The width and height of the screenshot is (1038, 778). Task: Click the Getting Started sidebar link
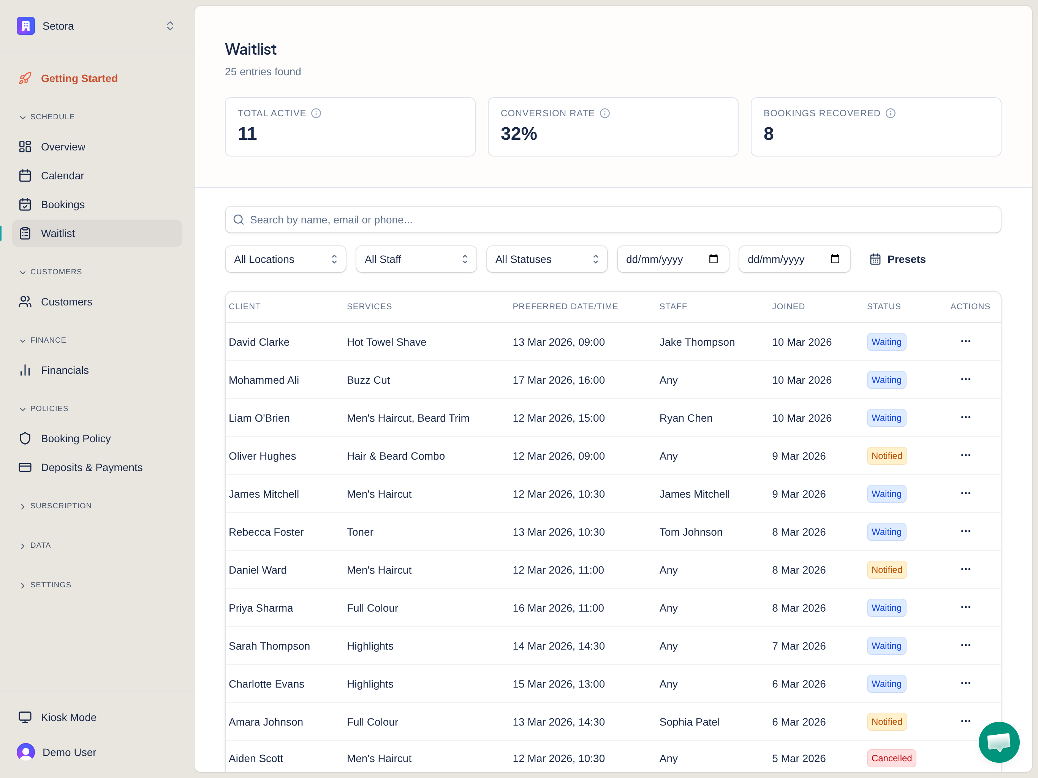pos(79,78)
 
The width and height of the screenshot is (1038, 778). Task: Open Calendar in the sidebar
pos(62,176)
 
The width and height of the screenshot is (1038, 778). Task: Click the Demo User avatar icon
pos(26,752)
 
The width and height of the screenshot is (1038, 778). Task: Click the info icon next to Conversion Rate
pos(605,113)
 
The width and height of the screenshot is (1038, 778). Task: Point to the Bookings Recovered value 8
pos(768,134)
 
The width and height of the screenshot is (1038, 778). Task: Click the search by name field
pos(612,220)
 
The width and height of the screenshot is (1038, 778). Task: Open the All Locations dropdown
pos(285,259)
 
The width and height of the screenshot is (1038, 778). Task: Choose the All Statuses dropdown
pos(547,259)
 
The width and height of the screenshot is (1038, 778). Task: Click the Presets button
pos(898,259)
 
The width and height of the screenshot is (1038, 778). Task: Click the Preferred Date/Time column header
pos(565,307)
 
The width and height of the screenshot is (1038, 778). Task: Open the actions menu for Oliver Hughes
pos(965,455)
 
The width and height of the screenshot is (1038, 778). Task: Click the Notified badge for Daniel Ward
pos(886,570)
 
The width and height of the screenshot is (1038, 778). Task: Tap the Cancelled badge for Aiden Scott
pos(891,758)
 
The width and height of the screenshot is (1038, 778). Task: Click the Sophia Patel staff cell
pos(689,722)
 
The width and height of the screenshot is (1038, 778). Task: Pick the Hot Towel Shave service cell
pos(386,342)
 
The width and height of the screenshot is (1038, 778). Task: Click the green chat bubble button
pos(998,742)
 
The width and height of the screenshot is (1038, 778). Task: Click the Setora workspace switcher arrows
pos(170,26)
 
